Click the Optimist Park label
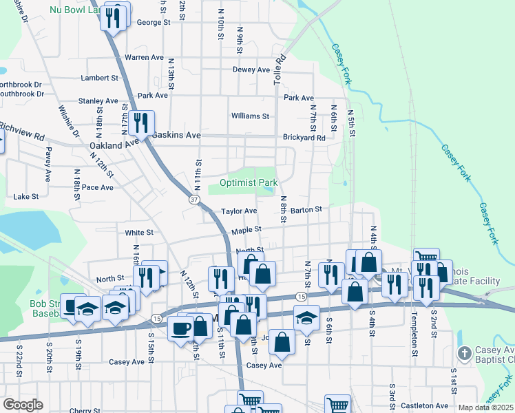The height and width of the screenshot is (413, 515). [x=249, y=183]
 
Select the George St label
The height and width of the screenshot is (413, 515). [x=154, y=23]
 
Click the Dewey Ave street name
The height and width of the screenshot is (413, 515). [x=251, y=70]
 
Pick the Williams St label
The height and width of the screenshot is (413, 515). [x=250, y=116]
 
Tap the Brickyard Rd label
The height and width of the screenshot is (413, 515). [x=304, y=138]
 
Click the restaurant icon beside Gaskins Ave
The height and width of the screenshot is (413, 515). [x=140, y=123]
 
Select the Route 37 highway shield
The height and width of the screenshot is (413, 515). [x=193, y=198]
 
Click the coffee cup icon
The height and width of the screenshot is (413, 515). [x=181, y=328]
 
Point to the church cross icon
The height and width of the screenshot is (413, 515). [x=465, y=354]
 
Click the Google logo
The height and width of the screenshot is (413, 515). [x=23, y=405]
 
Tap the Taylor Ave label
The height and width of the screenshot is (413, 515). [x=239, y=211]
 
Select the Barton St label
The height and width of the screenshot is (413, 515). [x=306, y=209]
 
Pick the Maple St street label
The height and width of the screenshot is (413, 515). [x=246, y=230]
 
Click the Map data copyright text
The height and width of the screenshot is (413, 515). [x=486, y=407]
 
